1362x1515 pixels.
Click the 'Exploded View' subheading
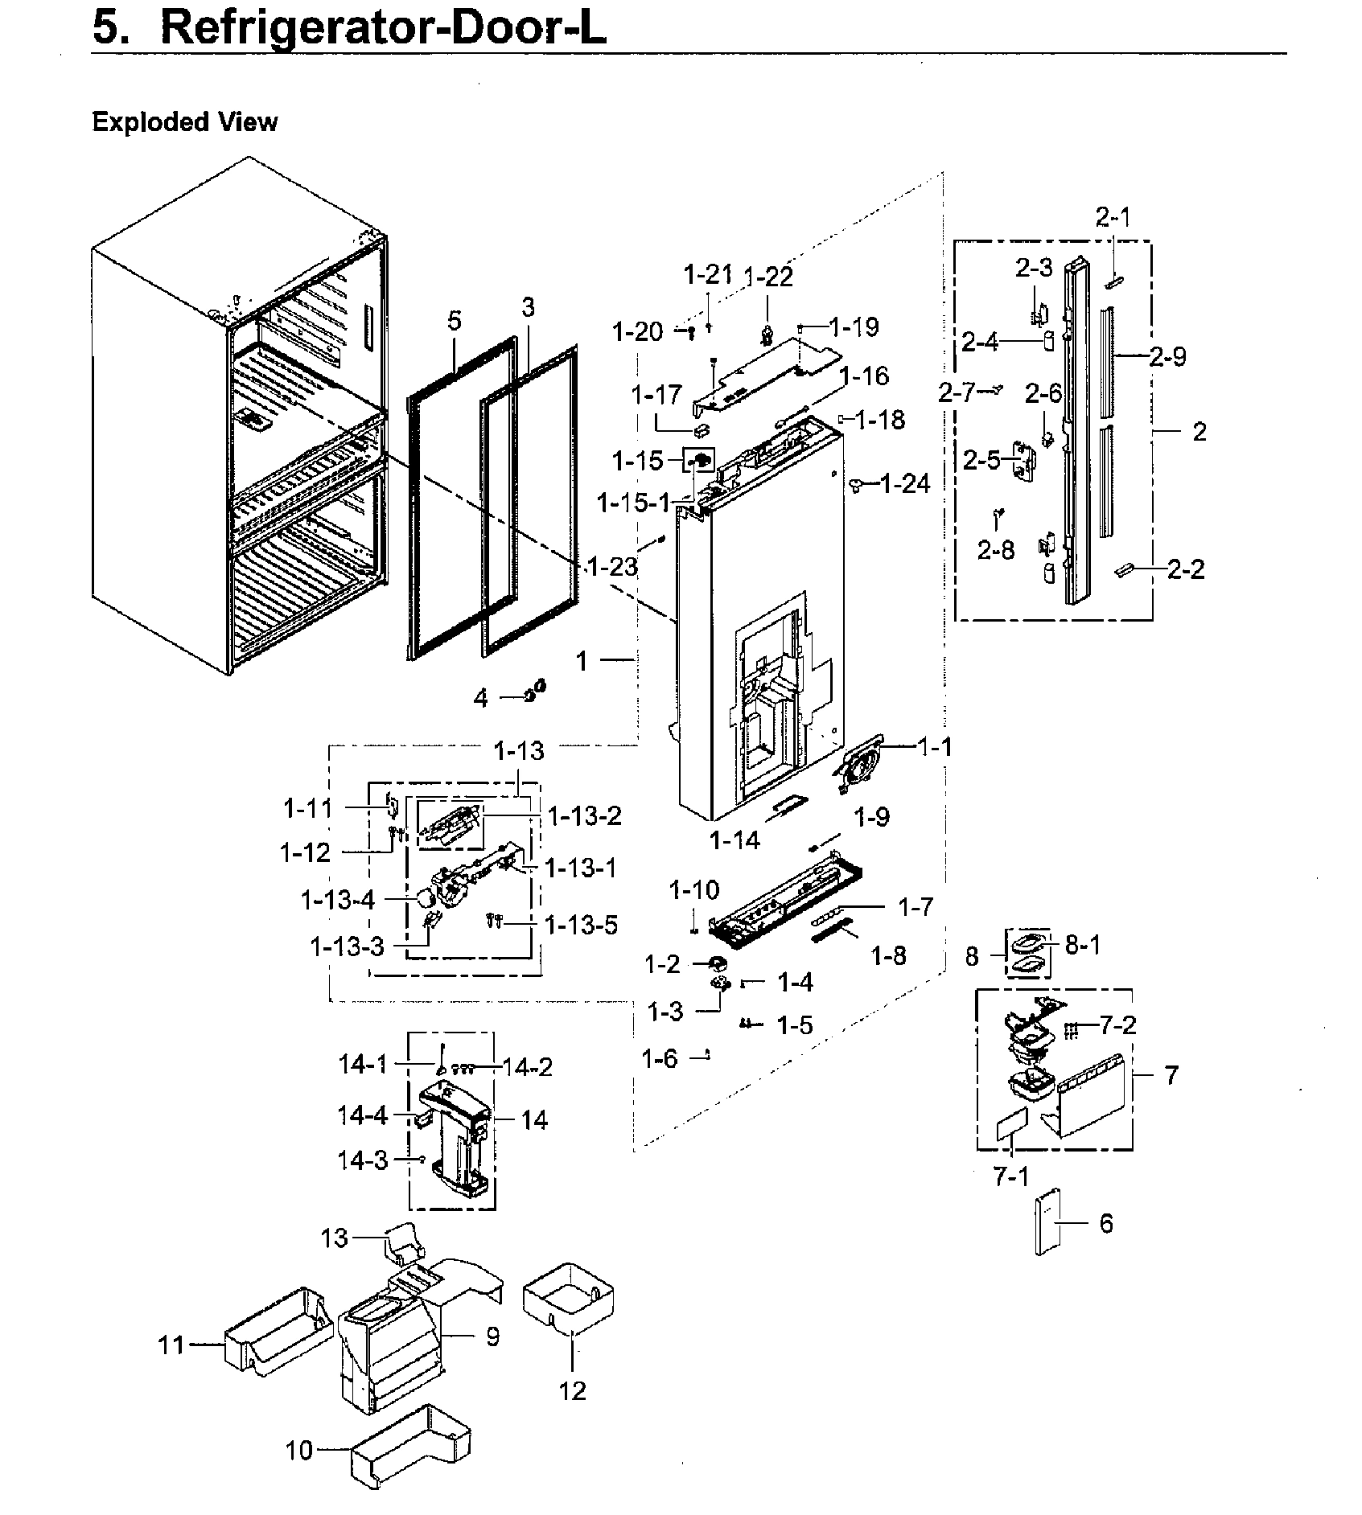[x=184, y=122]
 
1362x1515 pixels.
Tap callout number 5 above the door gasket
[x=455, y=321]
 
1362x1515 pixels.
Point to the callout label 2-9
[x=1167, y=356]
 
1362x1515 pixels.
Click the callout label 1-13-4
[x=338, y=900]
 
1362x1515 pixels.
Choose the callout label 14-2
[x=527, y=1066]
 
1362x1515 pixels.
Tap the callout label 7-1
[x=1011, y=1177]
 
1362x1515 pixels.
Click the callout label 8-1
[x=1082, y=945]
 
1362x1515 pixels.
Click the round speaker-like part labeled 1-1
[x=858, y=764]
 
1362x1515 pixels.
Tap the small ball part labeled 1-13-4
[x=423, y=897]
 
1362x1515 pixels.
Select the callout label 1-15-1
[x=632, y=503]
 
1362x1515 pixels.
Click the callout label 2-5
[x=981, y=460]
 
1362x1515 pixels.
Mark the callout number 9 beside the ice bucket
[x=492, y=1336]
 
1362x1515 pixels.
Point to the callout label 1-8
[x=888, y=955]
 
